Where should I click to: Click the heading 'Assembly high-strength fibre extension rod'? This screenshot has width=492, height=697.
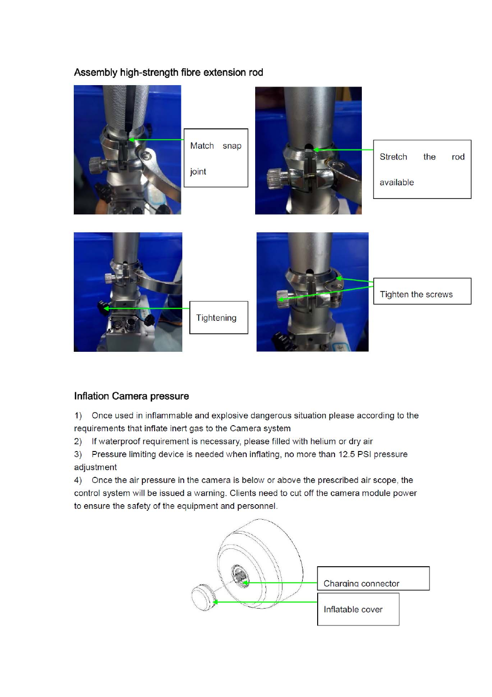[x=168, y=72]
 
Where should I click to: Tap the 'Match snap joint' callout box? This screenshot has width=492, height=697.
[x=216, y=158]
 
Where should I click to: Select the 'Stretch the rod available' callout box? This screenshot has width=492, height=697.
[x=422, y=169]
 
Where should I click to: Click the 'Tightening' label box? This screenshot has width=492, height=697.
[x=219, y=317]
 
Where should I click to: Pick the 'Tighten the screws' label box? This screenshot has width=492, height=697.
[x=422, y=291]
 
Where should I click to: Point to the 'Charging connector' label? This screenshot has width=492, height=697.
[x=361, y=584]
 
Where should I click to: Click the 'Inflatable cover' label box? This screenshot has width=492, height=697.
[x=358, y=609]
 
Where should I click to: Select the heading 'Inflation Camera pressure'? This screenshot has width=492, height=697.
[x=132, y=396]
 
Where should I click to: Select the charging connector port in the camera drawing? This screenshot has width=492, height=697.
[x=240, y=576]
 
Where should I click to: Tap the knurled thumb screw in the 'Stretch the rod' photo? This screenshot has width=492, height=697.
[x=274, y=178]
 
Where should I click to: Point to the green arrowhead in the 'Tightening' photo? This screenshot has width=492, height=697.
[x=106, y=309]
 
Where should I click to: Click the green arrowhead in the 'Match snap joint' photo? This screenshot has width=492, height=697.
[x=132, y=140]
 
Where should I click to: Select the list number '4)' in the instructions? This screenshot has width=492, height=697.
[x=78, y=480]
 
